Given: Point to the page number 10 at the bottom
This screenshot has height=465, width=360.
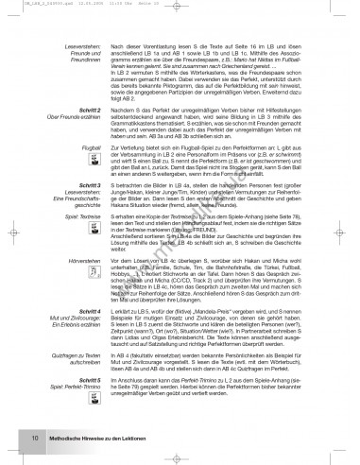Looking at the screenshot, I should tap(34, 438).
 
